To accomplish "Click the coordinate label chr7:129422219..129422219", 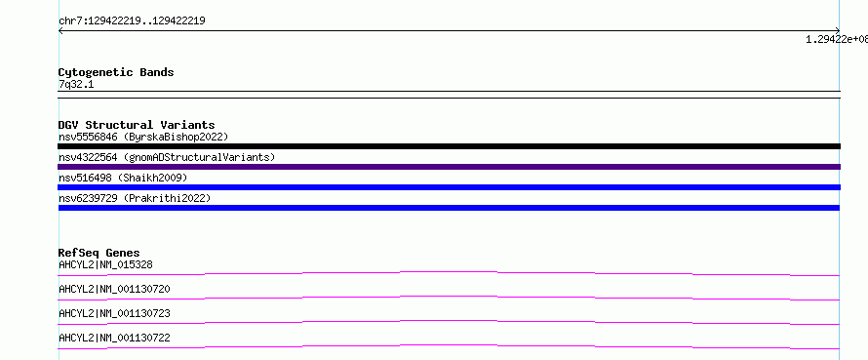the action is (133, 21).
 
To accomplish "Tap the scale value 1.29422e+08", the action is (837, 39).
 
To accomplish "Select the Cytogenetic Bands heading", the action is (116, 72).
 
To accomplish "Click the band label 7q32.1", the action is (76, 84).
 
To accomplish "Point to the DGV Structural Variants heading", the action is (137, 125).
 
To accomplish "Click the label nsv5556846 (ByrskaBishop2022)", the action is (143, 137).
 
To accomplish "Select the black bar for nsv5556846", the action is (449, 146).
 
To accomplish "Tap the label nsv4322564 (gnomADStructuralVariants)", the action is (167, 157).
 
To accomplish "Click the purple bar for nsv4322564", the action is (449, 167).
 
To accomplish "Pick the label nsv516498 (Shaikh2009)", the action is (123, 178).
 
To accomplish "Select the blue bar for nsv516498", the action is (449, 187).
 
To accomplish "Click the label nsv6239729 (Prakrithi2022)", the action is (135, 198).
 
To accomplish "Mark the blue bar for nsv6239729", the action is (449, 208).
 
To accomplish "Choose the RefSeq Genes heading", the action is (99, 253).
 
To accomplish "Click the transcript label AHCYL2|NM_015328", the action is (105, 264).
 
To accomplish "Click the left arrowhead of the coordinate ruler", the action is (59, 31).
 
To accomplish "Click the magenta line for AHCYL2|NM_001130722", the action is (449, 345).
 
